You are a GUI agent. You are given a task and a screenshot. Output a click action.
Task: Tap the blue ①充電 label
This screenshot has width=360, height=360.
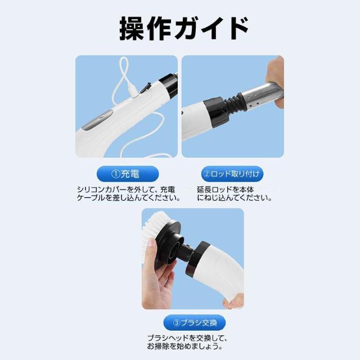coord(127,173)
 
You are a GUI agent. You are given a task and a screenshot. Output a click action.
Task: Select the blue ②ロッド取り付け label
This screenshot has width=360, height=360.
coord(232,173)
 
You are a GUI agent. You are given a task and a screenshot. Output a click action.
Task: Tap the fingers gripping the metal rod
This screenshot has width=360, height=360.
coord(276,79)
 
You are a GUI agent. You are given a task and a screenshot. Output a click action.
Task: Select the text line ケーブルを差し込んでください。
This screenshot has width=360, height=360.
coord(128,198)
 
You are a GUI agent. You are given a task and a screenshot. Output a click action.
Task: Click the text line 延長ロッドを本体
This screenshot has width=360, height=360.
coord(225,190)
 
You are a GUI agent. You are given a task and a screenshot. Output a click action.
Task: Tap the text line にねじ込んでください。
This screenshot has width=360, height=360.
coord(234,198)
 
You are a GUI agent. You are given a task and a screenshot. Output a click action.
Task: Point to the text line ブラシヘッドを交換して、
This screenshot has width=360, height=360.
coord(187,338)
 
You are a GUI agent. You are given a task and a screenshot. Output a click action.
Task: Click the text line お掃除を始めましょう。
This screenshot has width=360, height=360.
coord(187,346)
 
